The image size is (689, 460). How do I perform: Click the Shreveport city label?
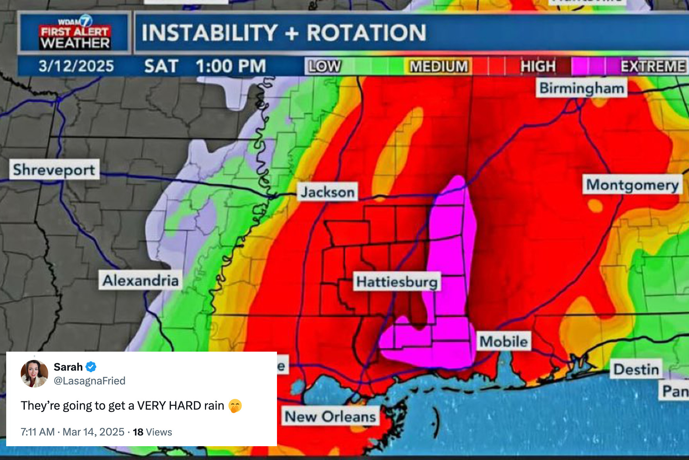click(54, 169)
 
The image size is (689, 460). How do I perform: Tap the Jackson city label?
click(327, 192)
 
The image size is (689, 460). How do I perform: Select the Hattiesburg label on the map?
click(397, 282)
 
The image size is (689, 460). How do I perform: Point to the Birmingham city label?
click(582, 88)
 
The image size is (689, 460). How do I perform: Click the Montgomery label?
click(632, 185)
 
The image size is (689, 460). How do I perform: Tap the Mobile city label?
click(503, 341)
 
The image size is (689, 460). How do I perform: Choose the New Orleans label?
click(330, 417)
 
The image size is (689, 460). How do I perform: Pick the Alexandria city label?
click(141, 280)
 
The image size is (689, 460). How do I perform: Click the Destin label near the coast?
click(636, 369)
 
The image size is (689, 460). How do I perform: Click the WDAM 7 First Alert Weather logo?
click(74, 33)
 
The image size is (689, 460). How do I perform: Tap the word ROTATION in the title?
click(366, 33)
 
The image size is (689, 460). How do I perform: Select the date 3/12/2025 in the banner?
click(76, 66)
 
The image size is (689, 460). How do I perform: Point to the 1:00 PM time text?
click(231, 66)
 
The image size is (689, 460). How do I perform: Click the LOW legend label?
click(324, 66)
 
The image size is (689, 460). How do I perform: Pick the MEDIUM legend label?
click(439, 66)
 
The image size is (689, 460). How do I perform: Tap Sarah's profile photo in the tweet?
click(34, 373)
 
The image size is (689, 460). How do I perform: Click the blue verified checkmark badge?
click(91, 367)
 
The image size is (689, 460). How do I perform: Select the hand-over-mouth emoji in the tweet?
click(235, 406)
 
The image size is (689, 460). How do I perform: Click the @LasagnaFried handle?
click(90, 381)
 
